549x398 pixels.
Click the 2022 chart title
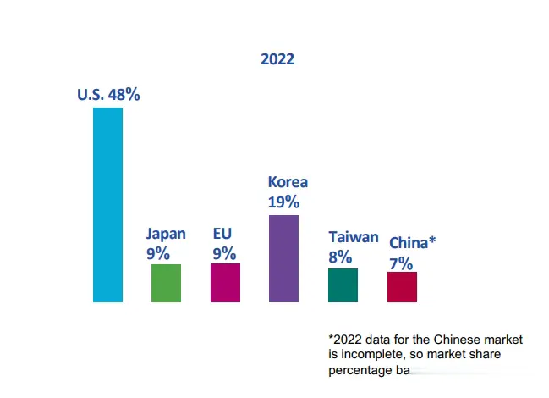click(x=278, y=59)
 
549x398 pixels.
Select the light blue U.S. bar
click(x=107, y=204)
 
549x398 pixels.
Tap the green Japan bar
click(x=166, y=283)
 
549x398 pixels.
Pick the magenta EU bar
click(x=225, y=282)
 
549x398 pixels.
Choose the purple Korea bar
click(x=283, y=258)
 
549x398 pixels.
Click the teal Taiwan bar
click(x=343, y=285)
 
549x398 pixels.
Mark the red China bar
click(x=402, y=287)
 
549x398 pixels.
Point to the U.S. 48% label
click(x=108, y=95)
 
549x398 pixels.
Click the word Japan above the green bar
click(x=166, y=234)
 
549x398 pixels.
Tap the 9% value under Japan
click(x=158, y=252)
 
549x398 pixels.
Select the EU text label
click(x=222, y=234)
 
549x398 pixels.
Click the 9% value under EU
click(x=224, y=252)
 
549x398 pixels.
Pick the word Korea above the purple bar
click(x=288, y=182)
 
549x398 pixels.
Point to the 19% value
click(x=283, y=202)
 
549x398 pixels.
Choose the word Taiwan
click(x=353, y=237)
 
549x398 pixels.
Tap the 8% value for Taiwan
click(x=340, y=257)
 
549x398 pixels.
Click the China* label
click(x=412, y=243)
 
